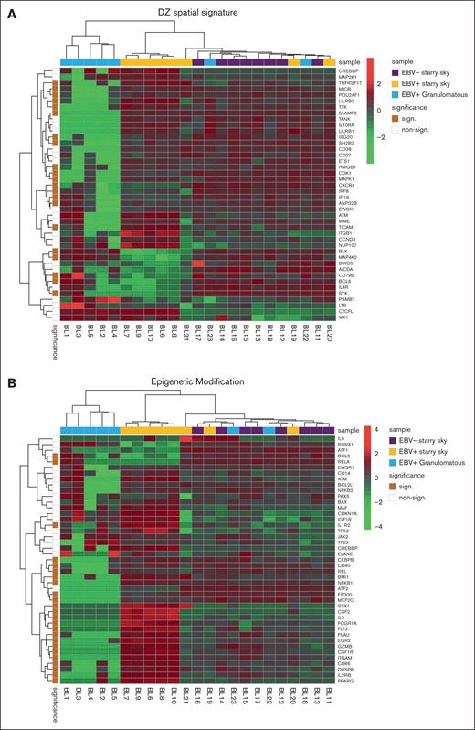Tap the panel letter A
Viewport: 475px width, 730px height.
[x=8, y=8]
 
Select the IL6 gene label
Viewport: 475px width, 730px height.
[x=340, y=440]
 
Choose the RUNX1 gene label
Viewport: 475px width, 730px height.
[x=344, y=447]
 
